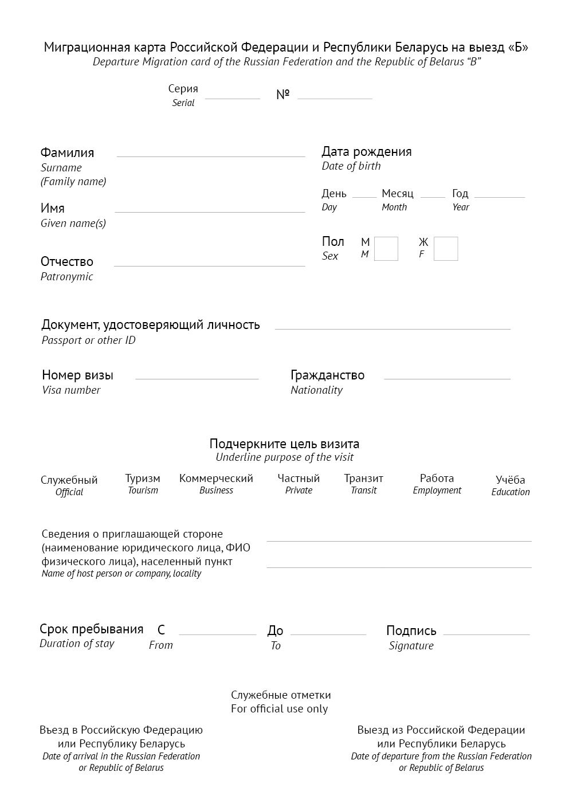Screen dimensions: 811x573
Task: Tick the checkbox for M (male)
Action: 386,249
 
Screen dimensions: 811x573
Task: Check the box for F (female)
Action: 445,249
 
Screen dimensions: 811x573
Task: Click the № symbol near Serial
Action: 282,95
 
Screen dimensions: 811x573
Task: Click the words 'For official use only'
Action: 280,708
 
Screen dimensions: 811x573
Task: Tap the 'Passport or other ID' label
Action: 89,340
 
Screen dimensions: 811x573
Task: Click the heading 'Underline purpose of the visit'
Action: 284,457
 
